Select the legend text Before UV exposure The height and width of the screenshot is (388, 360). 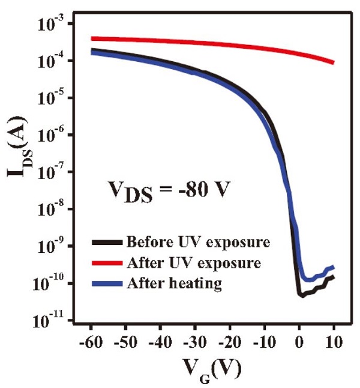(x=197, y=243)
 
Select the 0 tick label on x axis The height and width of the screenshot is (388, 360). (x=299, y=342)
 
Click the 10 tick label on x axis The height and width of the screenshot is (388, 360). (x=333, y=342)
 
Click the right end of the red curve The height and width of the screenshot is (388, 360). (x=333, y=62)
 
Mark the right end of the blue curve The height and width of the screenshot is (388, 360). (x=333, y=267)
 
